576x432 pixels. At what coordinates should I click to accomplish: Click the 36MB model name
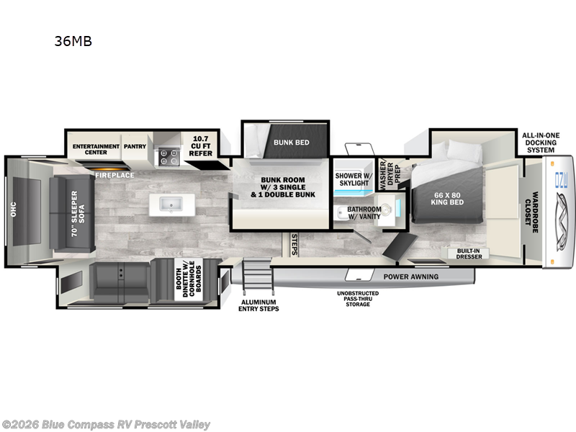(73, 41)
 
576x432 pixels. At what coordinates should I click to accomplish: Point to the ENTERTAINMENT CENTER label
(96, 149)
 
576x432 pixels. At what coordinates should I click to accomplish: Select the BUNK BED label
(291, 143)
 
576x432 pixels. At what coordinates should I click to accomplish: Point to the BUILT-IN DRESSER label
(468, 253)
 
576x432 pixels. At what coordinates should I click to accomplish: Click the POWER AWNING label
(410, 276)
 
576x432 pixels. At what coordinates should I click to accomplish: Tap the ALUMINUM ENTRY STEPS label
(258, 305)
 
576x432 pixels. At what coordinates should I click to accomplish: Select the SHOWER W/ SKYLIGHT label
(354, 179)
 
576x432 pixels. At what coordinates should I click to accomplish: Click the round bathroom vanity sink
(387, 210)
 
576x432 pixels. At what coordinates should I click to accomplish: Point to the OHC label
(12, 209)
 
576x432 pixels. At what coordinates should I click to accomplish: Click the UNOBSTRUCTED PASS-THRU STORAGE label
(358, 299)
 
